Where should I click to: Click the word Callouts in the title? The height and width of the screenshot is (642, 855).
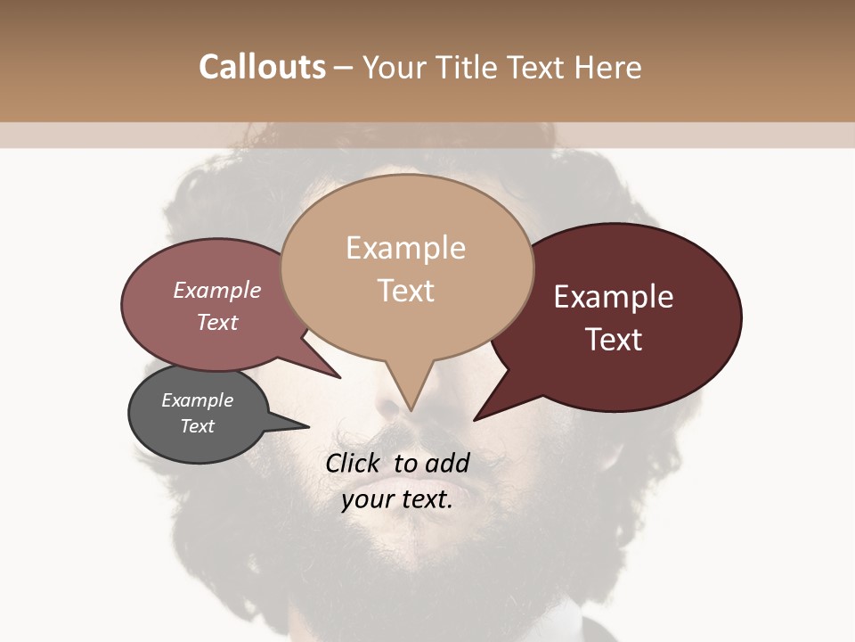coord(262,67)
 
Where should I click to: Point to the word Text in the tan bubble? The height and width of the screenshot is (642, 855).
coord(405,290)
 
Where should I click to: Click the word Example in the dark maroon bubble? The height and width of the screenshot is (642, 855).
coord(614,296)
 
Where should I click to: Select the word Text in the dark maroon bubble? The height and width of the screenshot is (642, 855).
coord(614,339)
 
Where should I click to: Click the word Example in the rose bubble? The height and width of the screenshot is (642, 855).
coord(217,290)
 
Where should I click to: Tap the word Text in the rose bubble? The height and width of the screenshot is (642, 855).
coord(217,322)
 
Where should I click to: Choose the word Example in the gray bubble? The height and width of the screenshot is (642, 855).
coord(197,400)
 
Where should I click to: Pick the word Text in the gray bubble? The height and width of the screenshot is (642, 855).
coord(197,426)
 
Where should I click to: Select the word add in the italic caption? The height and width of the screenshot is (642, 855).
coord(447,463)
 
